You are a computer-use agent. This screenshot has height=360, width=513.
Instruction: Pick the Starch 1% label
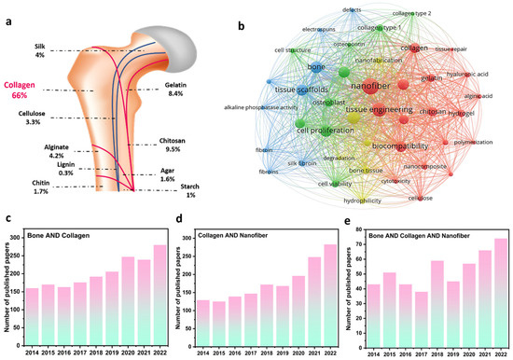click(x=188, y=190)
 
